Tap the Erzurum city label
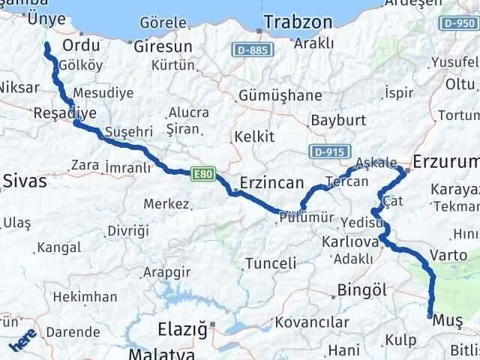[x=447, y=161]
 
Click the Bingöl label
[x=362, y=289]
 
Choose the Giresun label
[x=163, y=46]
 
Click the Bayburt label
[x=337, y=120]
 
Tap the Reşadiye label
[x=65, y=113]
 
